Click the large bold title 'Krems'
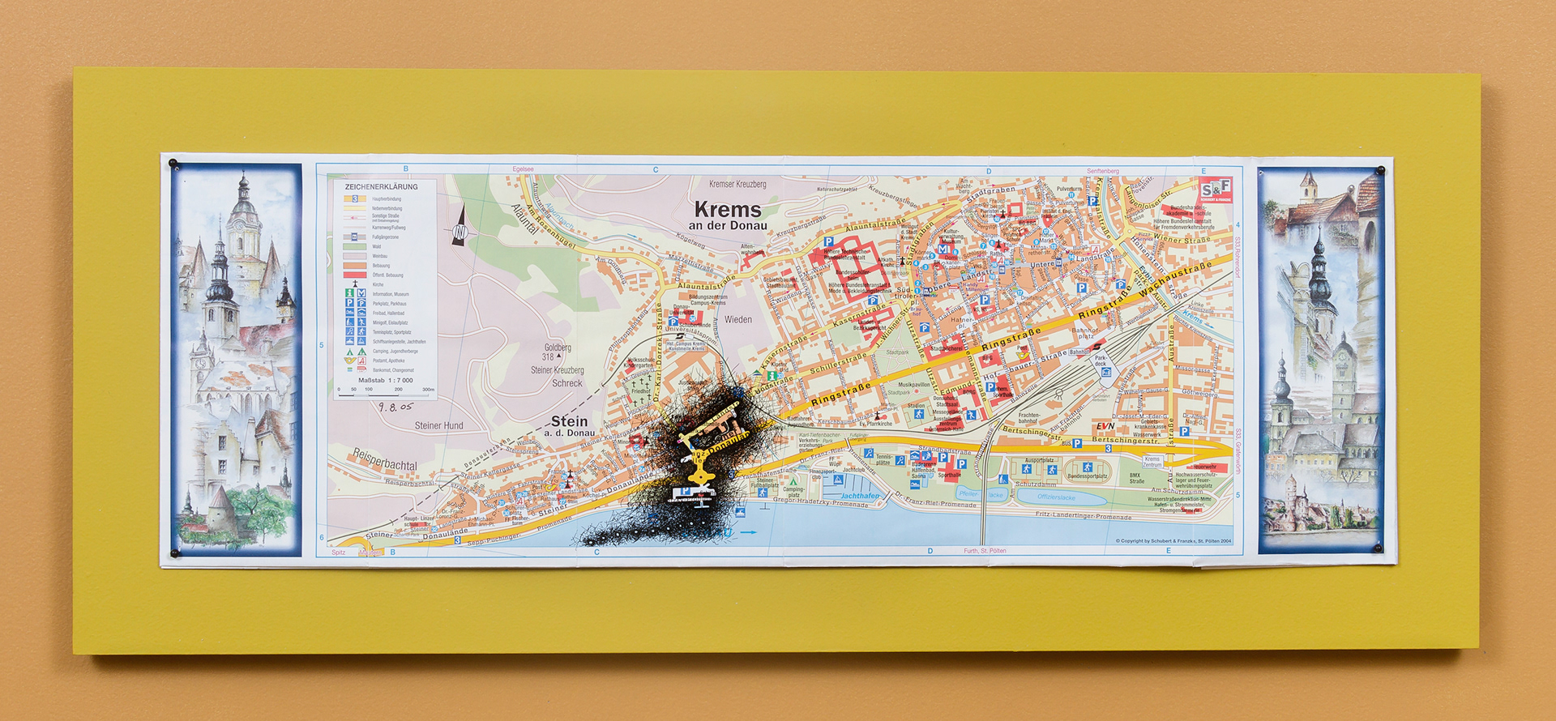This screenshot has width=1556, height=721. pyautogui.click(x=728, y=210)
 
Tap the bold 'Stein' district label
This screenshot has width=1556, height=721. pyautogui.click(x=569, y=421)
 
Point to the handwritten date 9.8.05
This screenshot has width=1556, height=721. pyautogui.click(x=395, y=407)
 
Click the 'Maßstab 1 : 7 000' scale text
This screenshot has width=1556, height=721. pyautogui.click(x=386, y=380)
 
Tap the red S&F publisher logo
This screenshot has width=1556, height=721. pyautogui.click(x=1215, y=190)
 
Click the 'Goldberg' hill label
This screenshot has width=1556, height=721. pyautogui.click(x=558, y=348)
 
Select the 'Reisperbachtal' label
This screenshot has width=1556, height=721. pyautogui.click(x=384, y=460)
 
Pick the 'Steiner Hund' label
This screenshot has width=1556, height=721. pyautogui.click(x=439, y=425)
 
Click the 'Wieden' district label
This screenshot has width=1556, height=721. pyautogui.click(x=737, y=320)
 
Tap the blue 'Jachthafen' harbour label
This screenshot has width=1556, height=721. pyautogui.click(x=860, y=496)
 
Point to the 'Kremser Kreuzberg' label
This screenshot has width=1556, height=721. pyautogui.click(x=737, y=185)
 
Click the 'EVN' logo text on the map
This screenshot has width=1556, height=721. pyautogui.click(x=1105, y=426)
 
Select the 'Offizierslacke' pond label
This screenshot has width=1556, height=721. pyautogui.click(x=1056, y=497)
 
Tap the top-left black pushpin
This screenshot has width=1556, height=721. pyautogui.click(x=173, y=164)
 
